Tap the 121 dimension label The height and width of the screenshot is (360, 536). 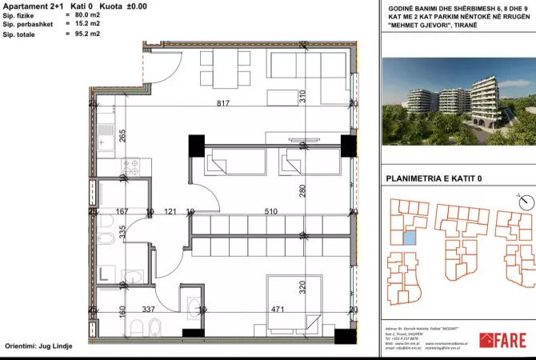pyautogui.click(x=170, y=212)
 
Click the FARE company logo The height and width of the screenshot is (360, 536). pyautogui.click(x=502, y=340)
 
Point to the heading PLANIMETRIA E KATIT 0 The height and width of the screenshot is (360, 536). pyautogui.click(x=434, y=179)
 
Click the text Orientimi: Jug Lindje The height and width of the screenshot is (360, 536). pyautogui.click(x=44, y=347)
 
